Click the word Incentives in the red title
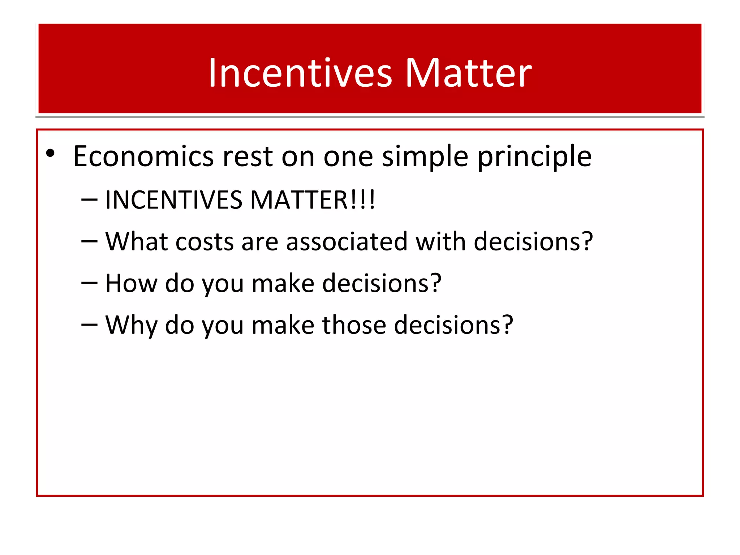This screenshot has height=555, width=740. pos(300,73)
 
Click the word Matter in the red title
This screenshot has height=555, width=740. pos(468,73)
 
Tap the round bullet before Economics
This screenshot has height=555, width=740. pos(50,154)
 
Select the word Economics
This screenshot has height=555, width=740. pos(143,156)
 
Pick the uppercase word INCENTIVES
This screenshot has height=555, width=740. pos(173,200)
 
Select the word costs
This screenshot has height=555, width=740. pos(205,242)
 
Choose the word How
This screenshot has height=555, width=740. pos(131,283)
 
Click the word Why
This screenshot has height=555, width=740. pos(131,325)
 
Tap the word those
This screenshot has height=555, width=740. pos(354,325)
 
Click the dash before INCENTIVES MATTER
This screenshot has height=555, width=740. pos(89,200)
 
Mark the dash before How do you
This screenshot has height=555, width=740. pos(89,283)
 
